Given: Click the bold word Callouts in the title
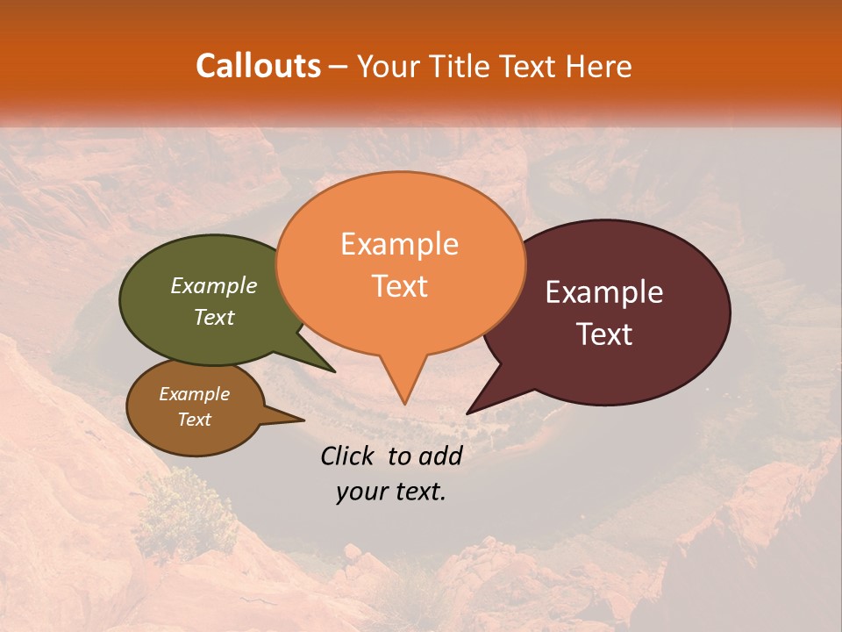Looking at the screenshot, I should coord(258,66).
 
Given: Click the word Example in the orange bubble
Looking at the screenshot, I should coord(399,244).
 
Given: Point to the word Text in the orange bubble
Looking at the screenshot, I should coord(399,286).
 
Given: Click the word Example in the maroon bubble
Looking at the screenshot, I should coord(604,292).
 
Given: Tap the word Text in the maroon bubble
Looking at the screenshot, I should coord(604,334).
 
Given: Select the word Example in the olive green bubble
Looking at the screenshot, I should coord(214,285).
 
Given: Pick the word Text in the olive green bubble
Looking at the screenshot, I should coord(214,317).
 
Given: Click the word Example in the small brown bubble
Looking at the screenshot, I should coord(194,394).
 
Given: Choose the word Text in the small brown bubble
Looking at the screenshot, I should coord(194,420).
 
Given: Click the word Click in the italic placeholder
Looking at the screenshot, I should coord(349,456).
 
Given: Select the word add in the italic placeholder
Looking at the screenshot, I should coord(441,456).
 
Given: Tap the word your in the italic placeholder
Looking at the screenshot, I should coord(361,492).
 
